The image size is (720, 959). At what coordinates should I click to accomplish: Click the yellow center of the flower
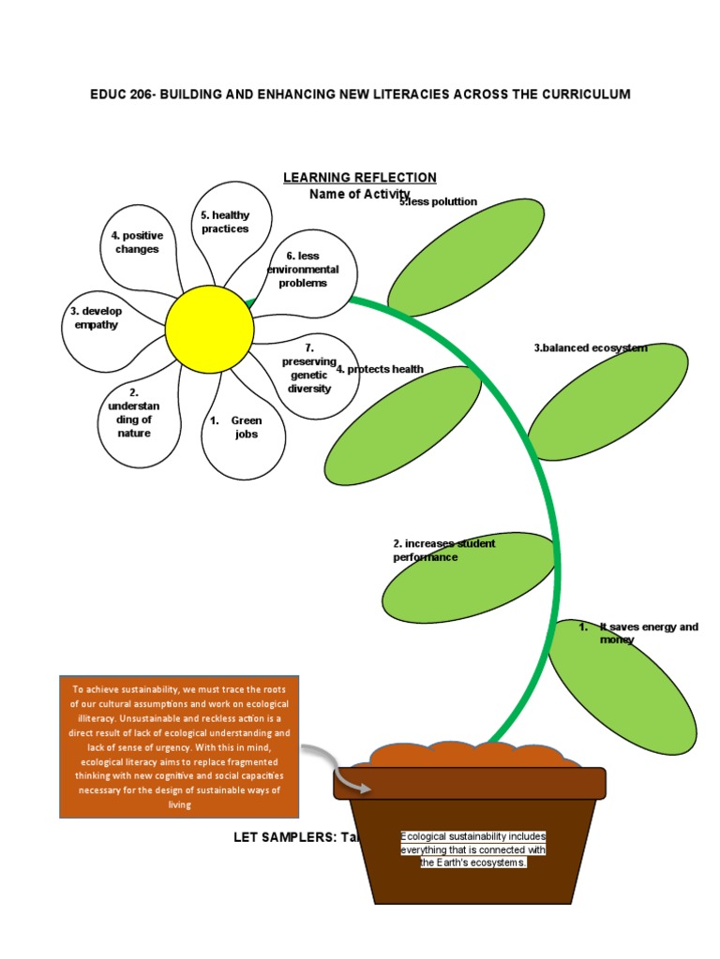pos(209,329)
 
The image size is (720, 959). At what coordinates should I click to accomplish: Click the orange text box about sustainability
pos(178,745)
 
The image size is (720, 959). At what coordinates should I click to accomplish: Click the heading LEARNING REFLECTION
pos(360,178)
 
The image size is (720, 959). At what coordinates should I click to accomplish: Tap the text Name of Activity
pos(360,194)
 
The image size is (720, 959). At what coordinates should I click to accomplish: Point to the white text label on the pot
pos(473,849)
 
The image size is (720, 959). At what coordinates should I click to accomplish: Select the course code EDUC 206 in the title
pos(124,95)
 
